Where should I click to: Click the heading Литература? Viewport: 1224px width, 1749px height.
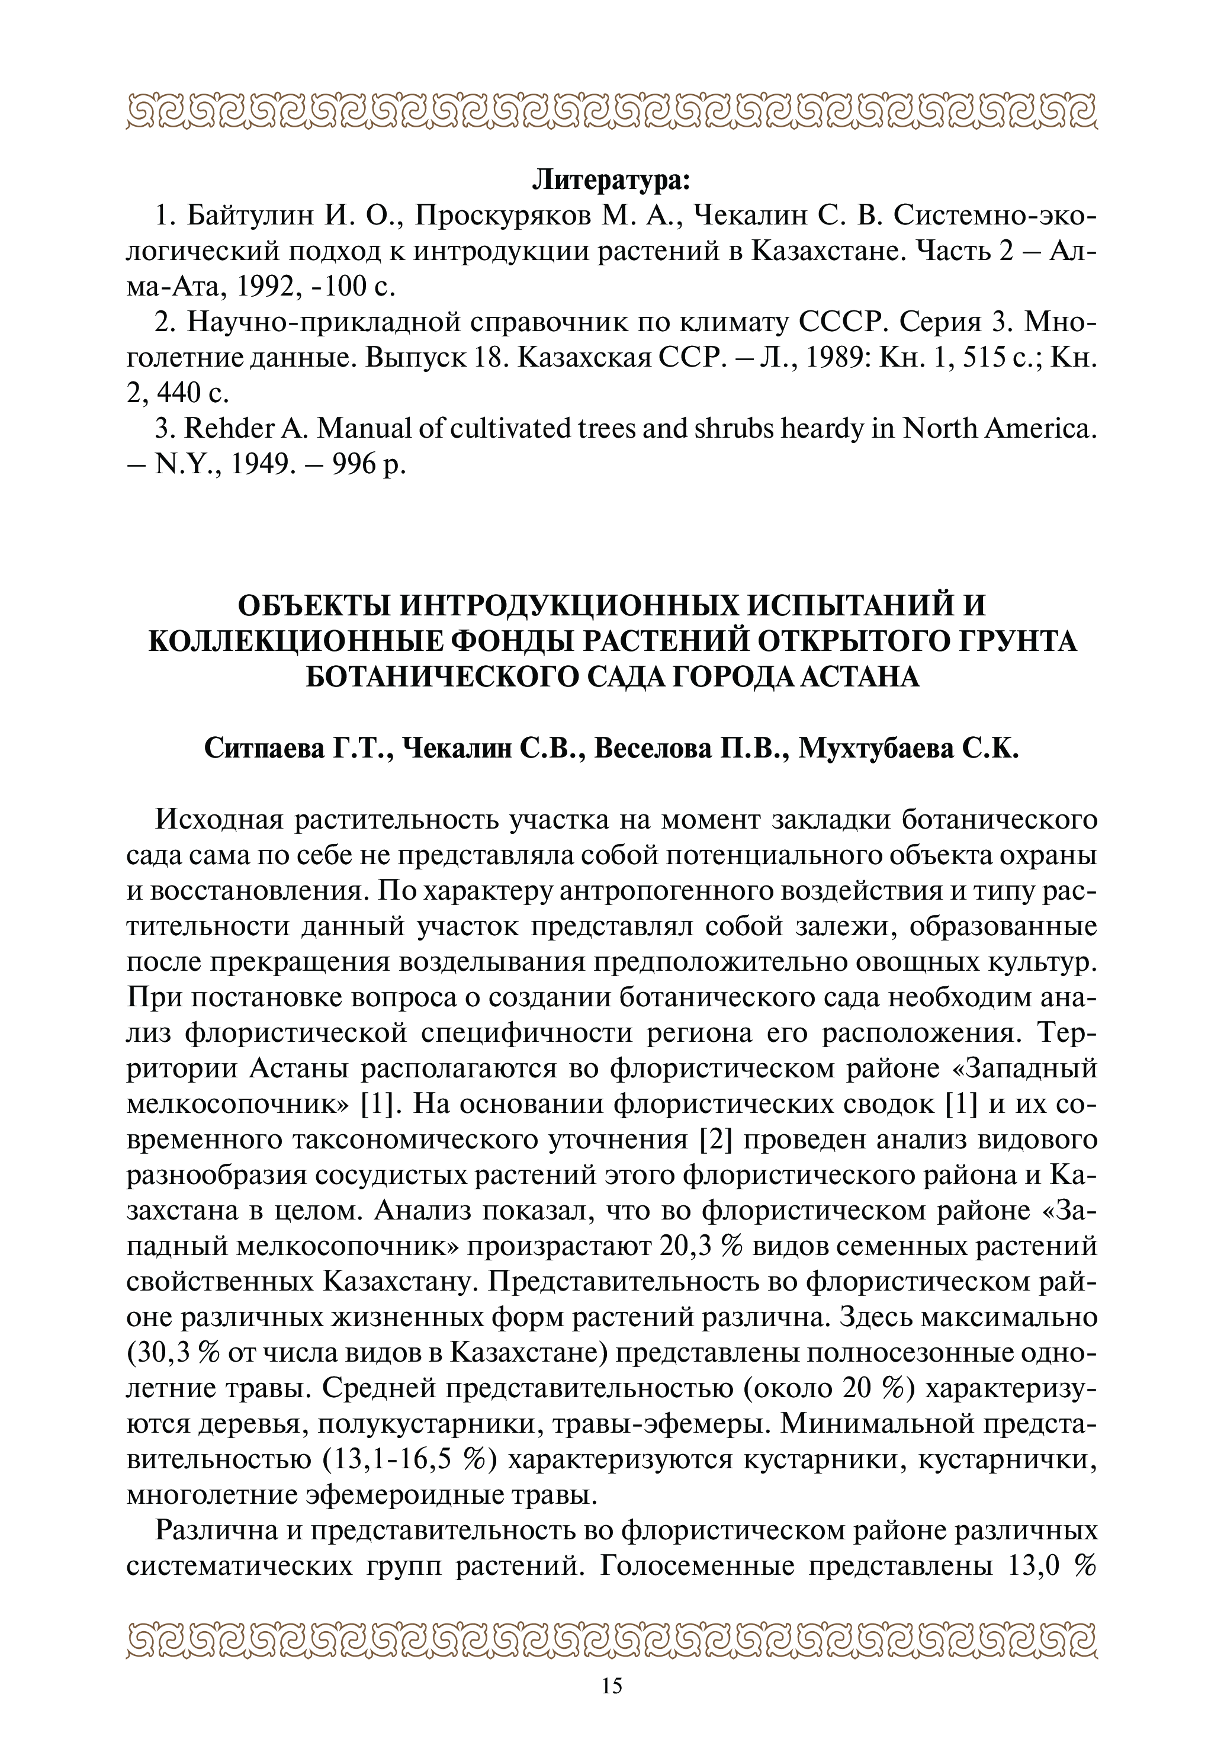click(612, 181)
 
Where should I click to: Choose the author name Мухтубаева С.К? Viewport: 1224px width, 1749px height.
click(908, 749)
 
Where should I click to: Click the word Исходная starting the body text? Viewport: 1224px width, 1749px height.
click(219, 820)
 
